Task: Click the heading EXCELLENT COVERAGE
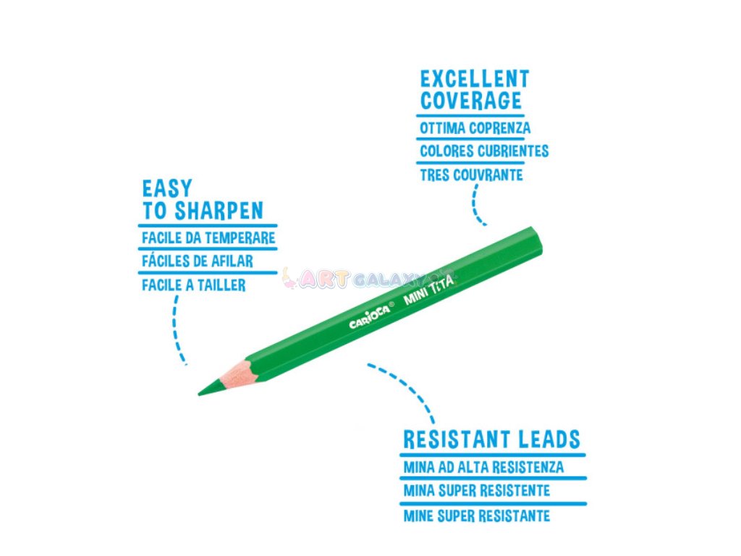[x=474, y=89]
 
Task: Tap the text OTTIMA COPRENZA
[x=475, y=128]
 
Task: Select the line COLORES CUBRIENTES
[x=483, y=151]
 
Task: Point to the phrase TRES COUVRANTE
[x=470, y=174]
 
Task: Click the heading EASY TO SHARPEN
[x=202, y=200]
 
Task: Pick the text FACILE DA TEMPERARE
[x=208, y=237]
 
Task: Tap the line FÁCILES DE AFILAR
[x=197, y=261]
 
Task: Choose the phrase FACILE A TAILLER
[x=193, y=285]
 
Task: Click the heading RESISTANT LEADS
[x=491, y=439]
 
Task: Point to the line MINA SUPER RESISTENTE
[x=476, y=491]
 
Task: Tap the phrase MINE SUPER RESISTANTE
[x=476, y=515]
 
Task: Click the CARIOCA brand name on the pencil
[x=370, y=315]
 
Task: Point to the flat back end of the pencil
[x=537, y=243]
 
